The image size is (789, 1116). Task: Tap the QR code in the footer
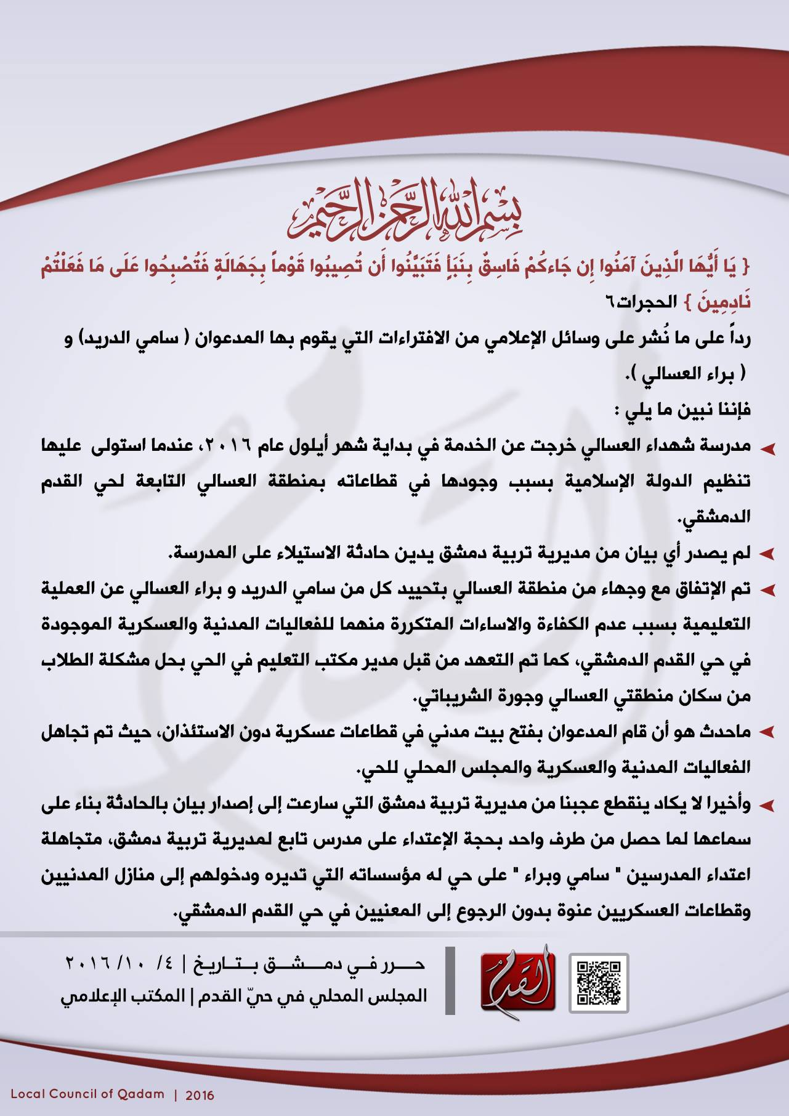[x=598, y=982]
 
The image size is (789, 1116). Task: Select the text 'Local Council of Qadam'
[x=88, y=1094]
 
